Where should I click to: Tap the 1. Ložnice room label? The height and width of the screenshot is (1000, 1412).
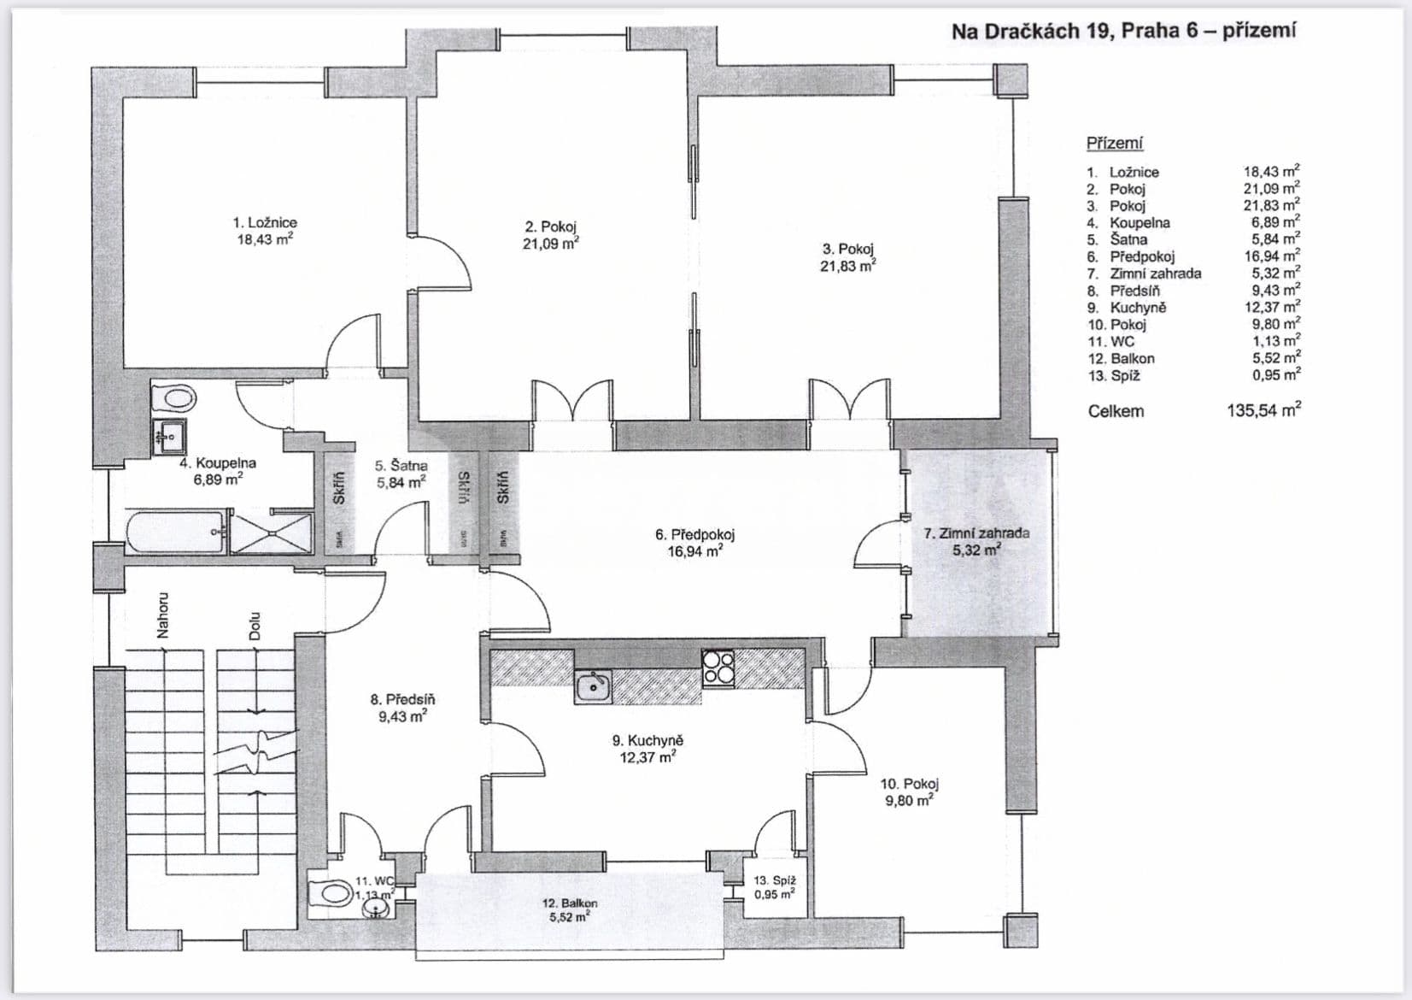[265, 223]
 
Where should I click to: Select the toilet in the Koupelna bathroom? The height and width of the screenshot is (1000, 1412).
[173, 397]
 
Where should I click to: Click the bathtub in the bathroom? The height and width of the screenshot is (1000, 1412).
[176, 532]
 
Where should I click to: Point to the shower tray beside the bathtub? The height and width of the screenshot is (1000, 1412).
[272, 532]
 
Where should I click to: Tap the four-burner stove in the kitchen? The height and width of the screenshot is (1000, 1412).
[718, 668]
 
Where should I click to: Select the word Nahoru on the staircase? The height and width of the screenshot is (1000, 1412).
[162, 615]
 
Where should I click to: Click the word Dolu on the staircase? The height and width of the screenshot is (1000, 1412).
[254, 626]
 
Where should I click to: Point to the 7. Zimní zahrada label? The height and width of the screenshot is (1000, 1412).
[976, 533]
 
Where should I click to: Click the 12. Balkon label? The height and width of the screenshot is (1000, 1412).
[570, 903]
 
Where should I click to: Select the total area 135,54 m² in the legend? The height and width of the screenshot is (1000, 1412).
[1263, 411]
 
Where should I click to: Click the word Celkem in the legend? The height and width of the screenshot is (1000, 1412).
[1116, 412]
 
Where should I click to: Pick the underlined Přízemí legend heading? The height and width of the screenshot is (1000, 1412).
[1114, 144]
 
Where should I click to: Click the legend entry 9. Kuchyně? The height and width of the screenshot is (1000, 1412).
[1127, 308]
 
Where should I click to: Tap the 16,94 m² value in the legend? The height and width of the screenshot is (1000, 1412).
[1272, 256]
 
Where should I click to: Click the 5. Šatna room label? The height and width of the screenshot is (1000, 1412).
[401, 466]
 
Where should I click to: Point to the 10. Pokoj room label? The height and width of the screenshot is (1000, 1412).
[910, 784]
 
